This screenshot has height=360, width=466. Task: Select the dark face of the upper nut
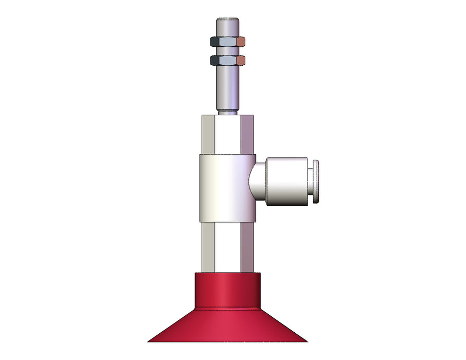coord(213,41)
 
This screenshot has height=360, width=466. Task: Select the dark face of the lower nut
coord(213,61)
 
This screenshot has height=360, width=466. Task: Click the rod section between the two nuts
coord(227,51)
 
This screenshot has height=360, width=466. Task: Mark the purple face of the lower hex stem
coord(247,247)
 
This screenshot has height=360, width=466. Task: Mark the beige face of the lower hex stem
coord(208,247)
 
